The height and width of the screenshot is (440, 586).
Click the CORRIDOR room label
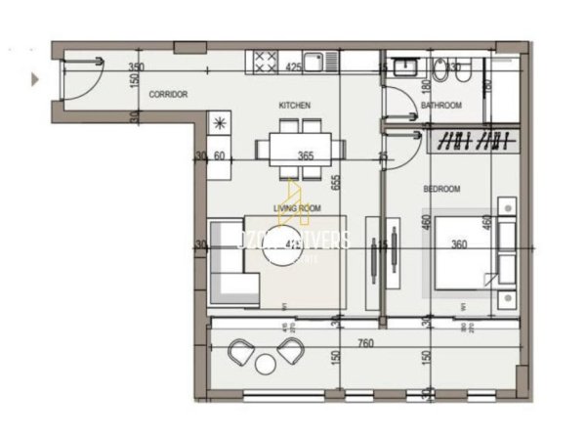point(167,95)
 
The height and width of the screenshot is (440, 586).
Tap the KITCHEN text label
point(294,104)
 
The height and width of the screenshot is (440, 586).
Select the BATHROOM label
point(440,104)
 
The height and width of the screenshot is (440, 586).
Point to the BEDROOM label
point(443,188)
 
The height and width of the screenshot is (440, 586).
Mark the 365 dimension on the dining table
point(306,155)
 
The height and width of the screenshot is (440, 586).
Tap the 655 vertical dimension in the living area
point(335,181)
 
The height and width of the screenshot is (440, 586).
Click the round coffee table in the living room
point(290,250)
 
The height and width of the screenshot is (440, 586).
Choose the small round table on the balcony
point(265,364)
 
